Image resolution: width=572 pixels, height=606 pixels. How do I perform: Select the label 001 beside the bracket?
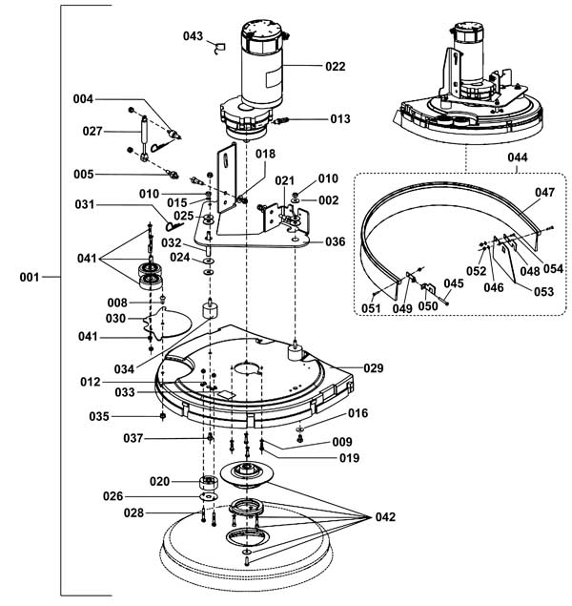click(29, 278)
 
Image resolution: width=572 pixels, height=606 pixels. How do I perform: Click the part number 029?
click(374, 367)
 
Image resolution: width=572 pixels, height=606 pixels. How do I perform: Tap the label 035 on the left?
click(125, 416)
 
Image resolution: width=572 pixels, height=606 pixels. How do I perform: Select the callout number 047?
click(543, 192)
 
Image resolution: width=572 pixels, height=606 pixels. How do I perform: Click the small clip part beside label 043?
click(217, 45)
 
